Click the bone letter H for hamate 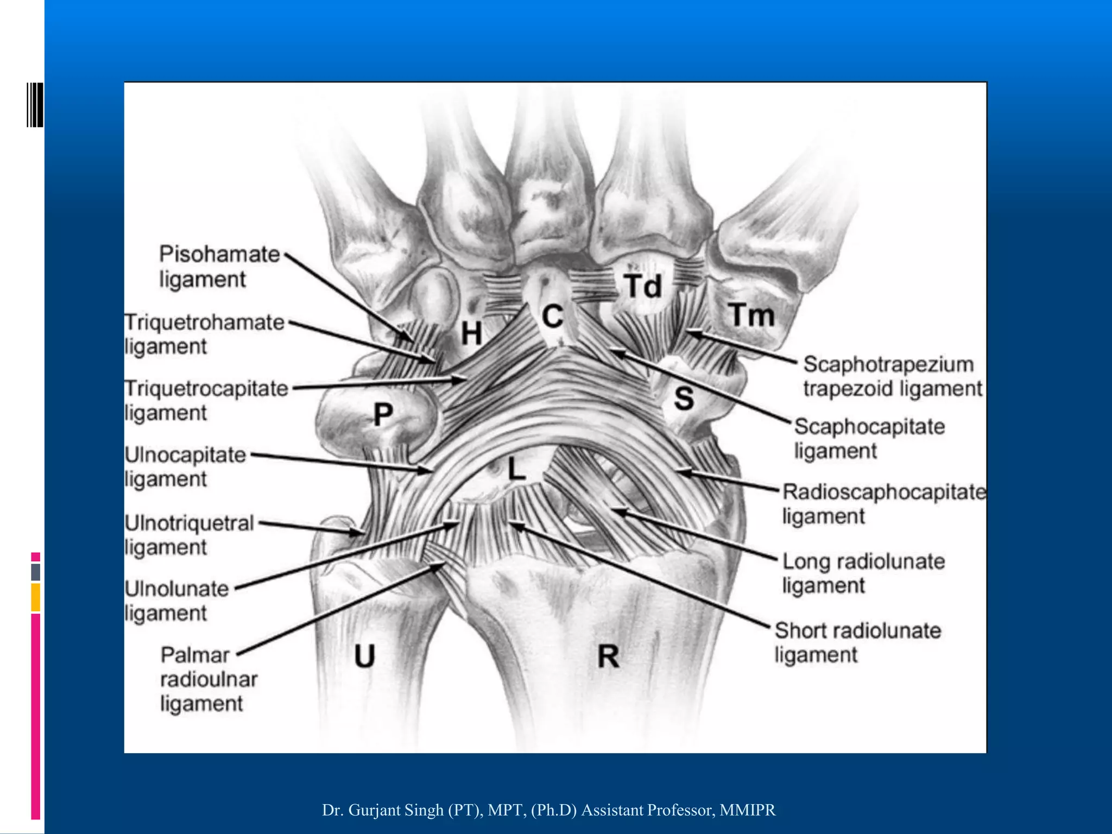click(x=471, y=332)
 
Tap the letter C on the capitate click(x=553, y=316)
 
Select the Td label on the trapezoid click(x=642, y=286)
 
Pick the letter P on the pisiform click(x=383, y=414)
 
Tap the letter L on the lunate click(x=516, y=468)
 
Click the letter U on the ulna click(x=365, y=655)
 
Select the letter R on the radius click(x=608, y=656)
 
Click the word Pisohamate click(x=219, y=254)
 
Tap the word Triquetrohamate click(x=205, y=322)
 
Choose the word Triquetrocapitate click(x=206, y=389)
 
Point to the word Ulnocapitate click(x=186, y=455)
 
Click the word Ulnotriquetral click(x=189, y=523)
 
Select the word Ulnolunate click(x=177, y=589)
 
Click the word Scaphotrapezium click(x=888, y=364)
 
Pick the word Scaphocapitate click(x=870, y=427)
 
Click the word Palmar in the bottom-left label click(x=195, y=655)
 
